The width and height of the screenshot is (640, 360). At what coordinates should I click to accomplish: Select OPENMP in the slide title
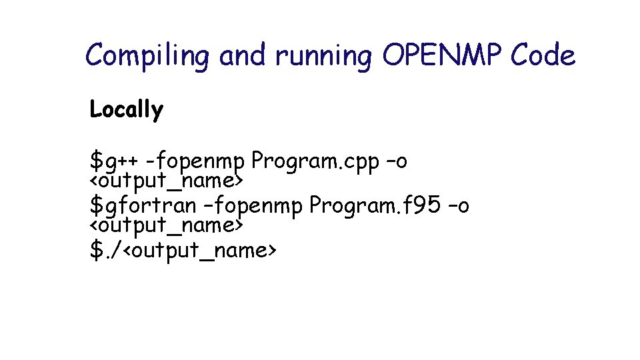[x=442, y=55]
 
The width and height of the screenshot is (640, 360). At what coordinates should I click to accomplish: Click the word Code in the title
[x=543, y=55]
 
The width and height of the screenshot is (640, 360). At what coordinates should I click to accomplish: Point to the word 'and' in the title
[x=243, y=55]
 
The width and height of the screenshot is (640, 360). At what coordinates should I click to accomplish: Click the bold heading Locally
[x=126, y=109]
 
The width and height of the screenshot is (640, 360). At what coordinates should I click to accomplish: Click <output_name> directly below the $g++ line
[x=165, y=181]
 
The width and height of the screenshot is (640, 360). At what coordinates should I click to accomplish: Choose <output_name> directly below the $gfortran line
[x=165, y=225]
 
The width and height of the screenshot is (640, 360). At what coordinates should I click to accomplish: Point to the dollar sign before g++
[x=97, y=162]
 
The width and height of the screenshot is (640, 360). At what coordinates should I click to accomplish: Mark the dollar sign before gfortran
[x=97, y=206]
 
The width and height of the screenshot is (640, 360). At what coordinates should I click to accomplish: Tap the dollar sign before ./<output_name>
[x=97, y=251]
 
